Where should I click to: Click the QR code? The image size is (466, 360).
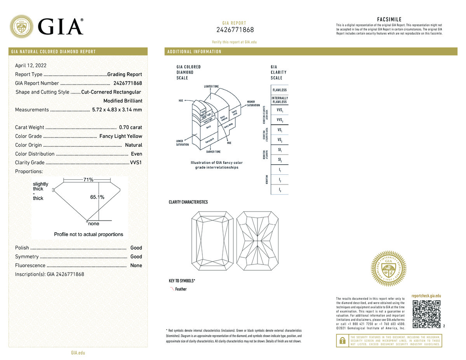point(426,315)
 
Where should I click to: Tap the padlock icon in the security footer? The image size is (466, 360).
point(343,341)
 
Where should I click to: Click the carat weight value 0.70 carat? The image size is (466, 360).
point(131,127)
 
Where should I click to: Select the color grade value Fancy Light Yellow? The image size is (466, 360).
point(121,136)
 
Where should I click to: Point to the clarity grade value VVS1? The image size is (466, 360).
point(136,163)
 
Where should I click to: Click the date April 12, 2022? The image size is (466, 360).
point(31,66)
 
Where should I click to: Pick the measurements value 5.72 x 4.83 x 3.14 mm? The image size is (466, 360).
point(117,110)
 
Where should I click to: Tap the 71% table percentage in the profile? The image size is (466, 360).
point(88,180)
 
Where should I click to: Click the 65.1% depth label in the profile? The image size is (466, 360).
point(97,197)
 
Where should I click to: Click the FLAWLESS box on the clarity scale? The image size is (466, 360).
point(280,90)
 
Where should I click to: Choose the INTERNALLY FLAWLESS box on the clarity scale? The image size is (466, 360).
point(280,100)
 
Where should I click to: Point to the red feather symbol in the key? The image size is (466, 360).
point(172,289)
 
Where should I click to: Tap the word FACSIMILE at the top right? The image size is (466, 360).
point(389,19)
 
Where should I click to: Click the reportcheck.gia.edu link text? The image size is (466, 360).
point(426,296)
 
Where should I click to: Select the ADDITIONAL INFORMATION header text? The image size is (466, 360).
point(194,52)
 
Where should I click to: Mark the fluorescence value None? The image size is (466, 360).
point(136,266)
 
